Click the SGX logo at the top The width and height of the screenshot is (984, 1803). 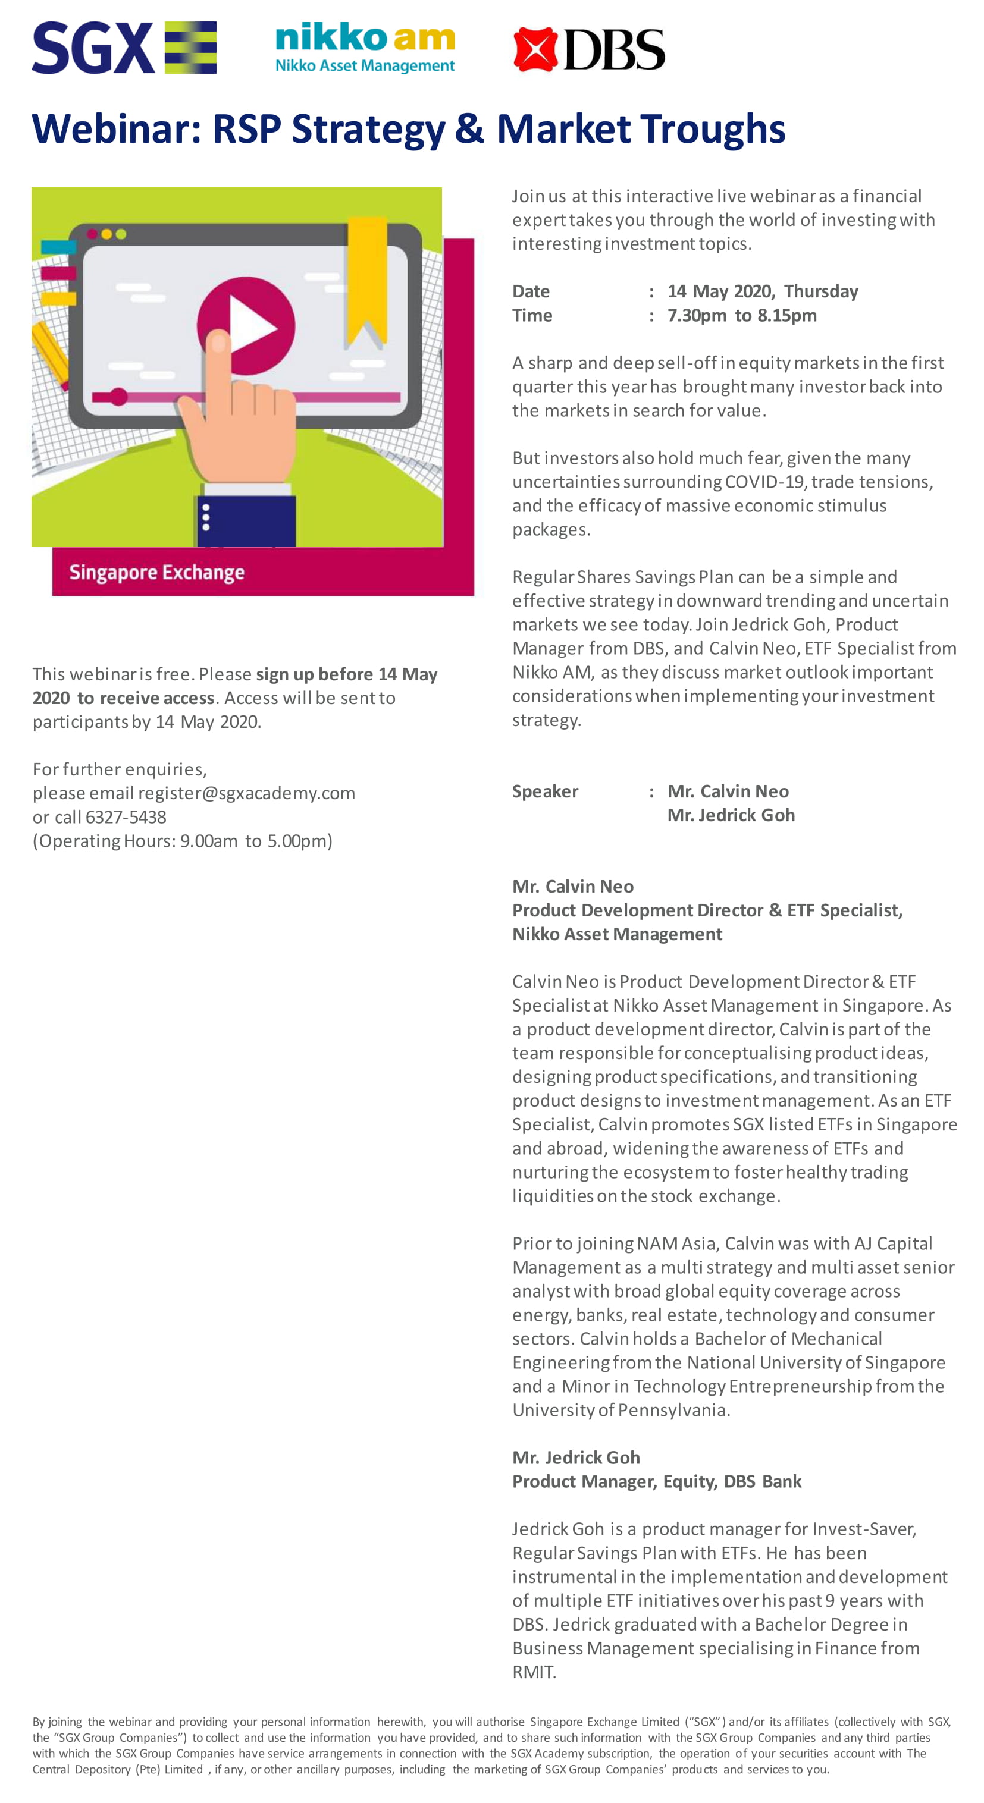coord(123,48)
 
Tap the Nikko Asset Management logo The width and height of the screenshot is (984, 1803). coord(365,48)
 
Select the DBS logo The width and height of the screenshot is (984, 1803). coord(588,49)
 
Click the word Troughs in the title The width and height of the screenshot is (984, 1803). coord(712,130)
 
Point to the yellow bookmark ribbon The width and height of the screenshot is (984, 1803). coord(367,280)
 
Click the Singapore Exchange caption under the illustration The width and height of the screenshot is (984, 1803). coord(157,573)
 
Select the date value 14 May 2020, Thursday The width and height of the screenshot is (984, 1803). coord(762,291)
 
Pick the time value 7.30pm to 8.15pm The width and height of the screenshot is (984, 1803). coord(742,315)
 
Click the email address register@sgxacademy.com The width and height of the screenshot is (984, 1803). coord(246,793)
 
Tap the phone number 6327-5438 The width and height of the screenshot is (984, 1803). coord(126,817)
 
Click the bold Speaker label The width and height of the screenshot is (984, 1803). coord(545,791)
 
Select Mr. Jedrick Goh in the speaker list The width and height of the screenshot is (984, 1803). coord(731,815)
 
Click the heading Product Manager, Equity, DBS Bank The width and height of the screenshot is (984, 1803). coord(656,1481)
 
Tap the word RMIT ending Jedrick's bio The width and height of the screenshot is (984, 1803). coord(533,1672)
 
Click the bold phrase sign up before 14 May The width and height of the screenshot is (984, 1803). coord(347,674)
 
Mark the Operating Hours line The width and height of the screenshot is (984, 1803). coord(182,841)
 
